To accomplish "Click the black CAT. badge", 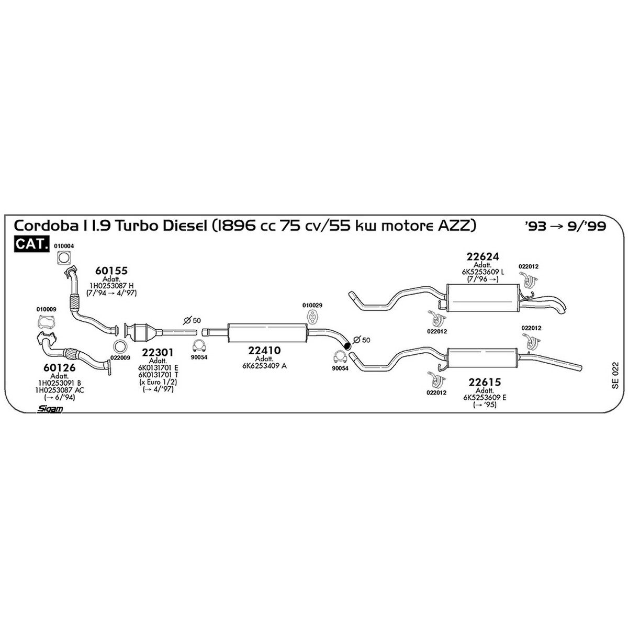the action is click(x=31, y=243).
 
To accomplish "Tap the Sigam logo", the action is click(x=50, y=409).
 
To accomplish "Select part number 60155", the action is click(x=111, y=271).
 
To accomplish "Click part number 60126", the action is click(x=59, y=367).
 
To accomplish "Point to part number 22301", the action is click(x=158, y=352).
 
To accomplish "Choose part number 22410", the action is click(x=264, y=350).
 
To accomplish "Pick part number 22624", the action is click(x=483, y=256).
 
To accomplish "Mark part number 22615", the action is click(x=485, y=382).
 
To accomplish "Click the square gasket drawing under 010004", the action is click(x=64, y=258).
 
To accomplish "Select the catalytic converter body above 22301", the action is click(x=140, y=333).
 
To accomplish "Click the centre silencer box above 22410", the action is click(x=267, y=333).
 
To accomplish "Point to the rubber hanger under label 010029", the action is click(x=312, y=318).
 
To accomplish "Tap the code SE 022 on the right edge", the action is click(x=615, y=375).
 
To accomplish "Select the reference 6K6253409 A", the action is click(x=264, y=366).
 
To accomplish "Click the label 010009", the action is click(x=46, y=309).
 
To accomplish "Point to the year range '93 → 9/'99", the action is click(x=566, y=226).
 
